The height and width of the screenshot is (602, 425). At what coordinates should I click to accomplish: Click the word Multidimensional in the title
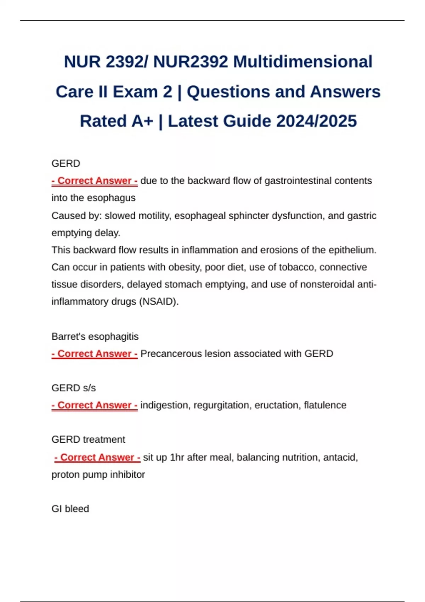[302, 62]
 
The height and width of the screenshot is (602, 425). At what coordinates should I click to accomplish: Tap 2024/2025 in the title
[316, 121]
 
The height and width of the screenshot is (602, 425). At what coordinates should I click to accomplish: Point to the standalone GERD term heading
[66, 164]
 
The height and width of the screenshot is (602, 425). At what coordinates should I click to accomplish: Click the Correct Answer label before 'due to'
[95, 181]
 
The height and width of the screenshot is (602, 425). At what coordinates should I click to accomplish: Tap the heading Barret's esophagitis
[95, 336]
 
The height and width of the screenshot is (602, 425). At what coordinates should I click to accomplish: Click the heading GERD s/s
[74, 388]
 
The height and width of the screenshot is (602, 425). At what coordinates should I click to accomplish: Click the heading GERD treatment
[88, 439]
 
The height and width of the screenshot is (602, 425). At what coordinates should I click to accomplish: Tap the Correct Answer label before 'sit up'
[97, 457]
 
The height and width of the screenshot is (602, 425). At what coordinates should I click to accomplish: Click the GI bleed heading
[70, 509]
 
